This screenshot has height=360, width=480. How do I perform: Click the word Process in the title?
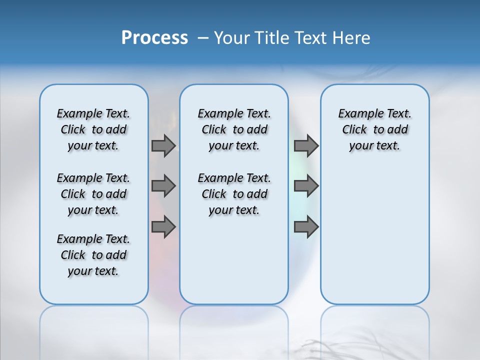coord(154,38)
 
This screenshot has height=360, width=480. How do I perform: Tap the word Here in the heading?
coord(352,38)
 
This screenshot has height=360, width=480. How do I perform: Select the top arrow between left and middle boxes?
coord(163,145)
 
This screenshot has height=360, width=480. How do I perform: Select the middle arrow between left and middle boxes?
coord(163,186)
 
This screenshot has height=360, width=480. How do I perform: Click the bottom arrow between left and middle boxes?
coord(163,226)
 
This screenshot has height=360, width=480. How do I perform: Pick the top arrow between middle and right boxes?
coord(306,145)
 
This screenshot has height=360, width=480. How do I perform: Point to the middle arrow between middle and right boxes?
coord(306,186)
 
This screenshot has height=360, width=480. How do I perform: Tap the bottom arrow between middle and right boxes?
coord(306,226)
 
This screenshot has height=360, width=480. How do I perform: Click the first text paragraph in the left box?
coord(93,129)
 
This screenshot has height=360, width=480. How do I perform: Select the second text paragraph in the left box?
coord(93,194)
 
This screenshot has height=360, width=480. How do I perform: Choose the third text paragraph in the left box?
coord(93,255)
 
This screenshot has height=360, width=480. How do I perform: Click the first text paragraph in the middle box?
coord(234,129)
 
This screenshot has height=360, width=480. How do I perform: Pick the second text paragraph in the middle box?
coord(234,194)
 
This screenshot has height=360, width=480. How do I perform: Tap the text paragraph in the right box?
coord(375,129)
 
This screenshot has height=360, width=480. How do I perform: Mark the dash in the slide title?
coord(203,38)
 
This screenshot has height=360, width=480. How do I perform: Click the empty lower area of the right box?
coord(375,240)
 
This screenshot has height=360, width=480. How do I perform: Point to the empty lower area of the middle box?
coord(234,260)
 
